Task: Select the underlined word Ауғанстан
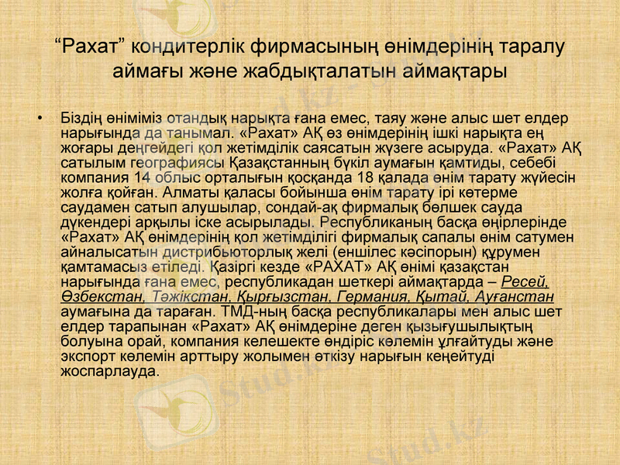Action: coord(514,294)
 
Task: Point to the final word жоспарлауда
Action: coord(109,370)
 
